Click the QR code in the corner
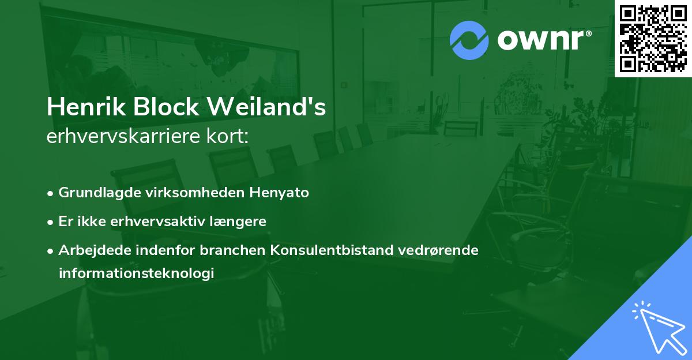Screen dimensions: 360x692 point(653,37)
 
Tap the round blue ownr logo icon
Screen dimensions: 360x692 point(470,39)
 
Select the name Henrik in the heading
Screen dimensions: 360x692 point(81,107)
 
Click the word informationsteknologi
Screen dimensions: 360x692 point(136,273)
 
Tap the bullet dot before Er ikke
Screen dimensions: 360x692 point(51,222)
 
